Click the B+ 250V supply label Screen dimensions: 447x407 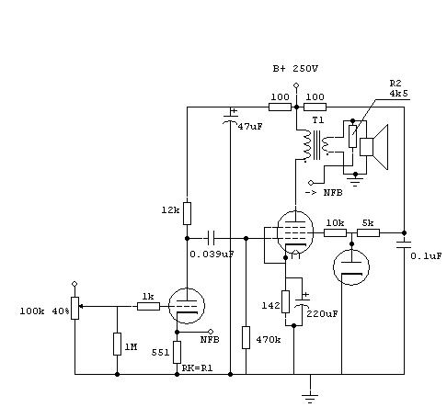[x=295, y=69]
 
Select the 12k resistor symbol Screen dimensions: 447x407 [x=187, y=213]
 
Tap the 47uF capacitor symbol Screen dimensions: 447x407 [x=230, y=119]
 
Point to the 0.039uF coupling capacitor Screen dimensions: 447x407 [x=211, y=238]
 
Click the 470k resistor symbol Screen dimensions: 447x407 [x=246, y=337]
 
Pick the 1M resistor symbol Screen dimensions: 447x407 [x=117, y=344]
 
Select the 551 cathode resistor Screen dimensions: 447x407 [x=177, y=352]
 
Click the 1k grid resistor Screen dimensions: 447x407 [x=148, y=306]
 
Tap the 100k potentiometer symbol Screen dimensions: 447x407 [x=74, y=308]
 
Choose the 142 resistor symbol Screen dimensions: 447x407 [x=285, y=301]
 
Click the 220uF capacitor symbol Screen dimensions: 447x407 [x=302, y=302]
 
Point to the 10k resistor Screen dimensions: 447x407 [x=336, y=233]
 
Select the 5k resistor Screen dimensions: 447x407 [x=369, y=233]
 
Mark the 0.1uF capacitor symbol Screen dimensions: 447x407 [x=404, y=244]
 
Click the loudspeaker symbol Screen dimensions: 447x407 [x=373, y=147]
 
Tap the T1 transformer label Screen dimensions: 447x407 [x=318, y=120]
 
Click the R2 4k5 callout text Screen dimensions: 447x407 [x=399, y=88]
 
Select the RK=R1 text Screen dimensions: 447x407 [x=197, y=367]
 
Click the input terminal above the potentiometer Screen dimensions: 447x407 [x=74, y=284]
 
